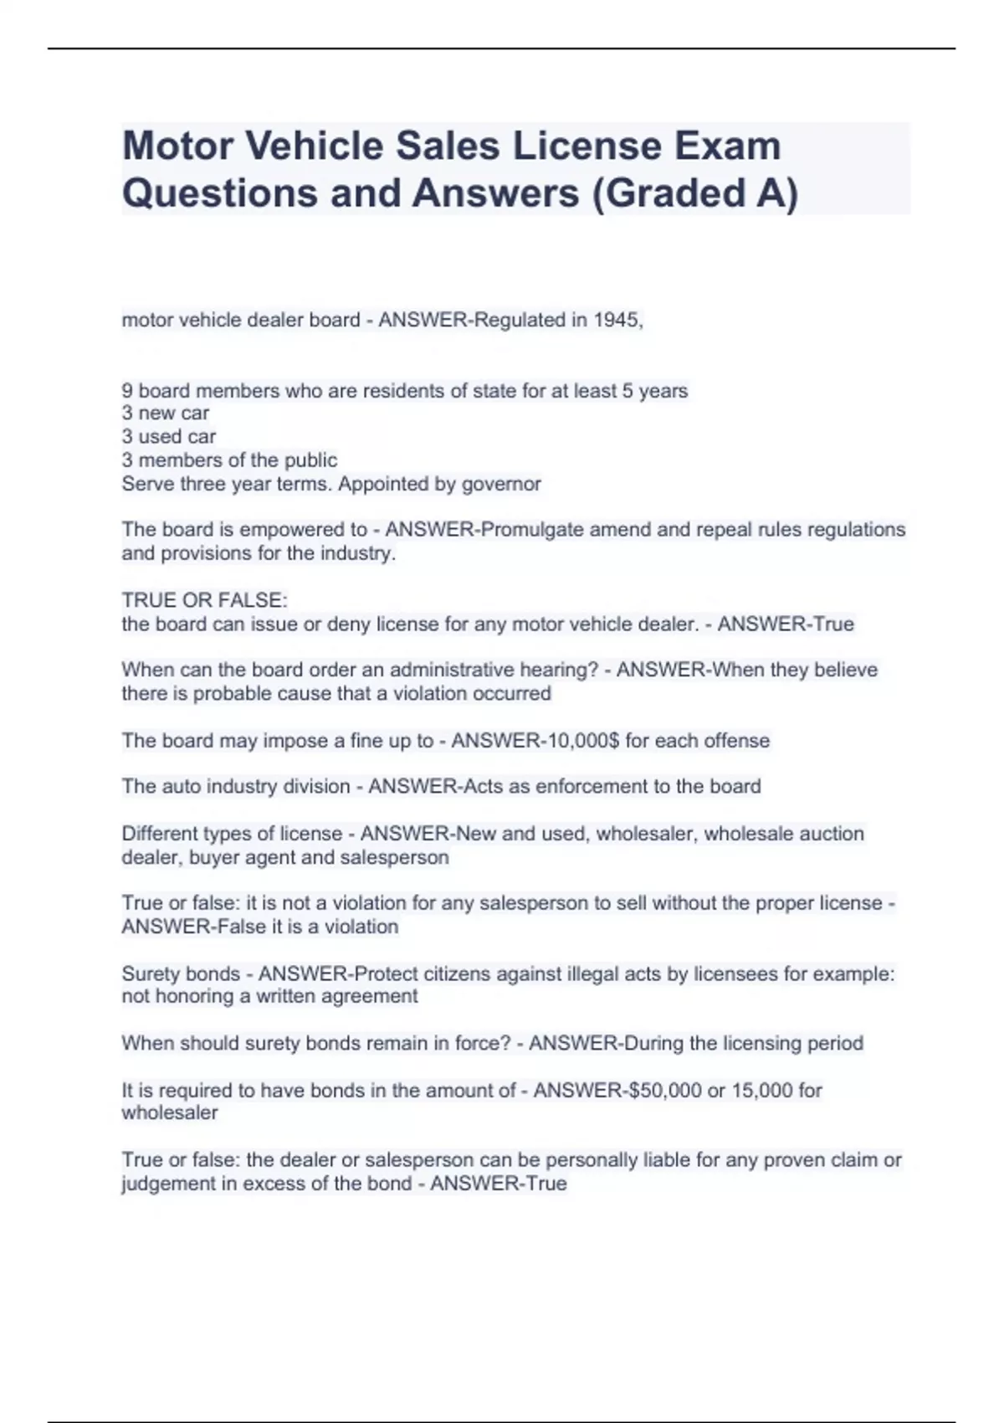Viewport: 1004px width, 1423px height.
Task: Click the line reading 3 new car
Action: point(166,413)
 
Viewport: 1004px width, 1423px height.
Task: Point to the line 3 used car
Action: point(169,436)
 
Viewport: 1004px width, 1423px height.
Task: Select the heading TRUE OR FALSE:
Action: point(204,600)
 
